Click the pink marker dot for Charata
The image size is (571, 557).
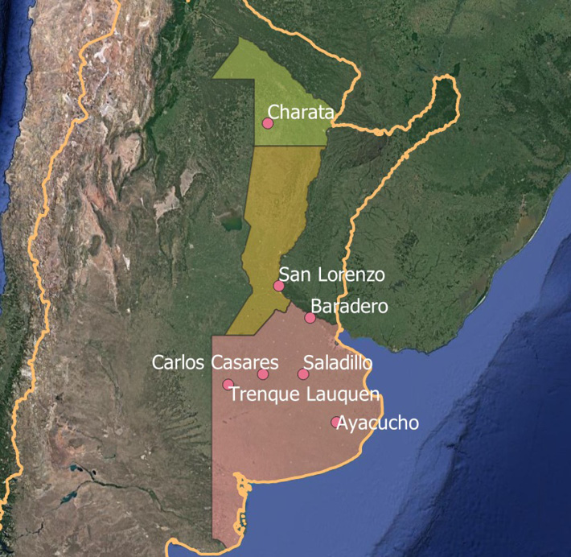[x=268, y=123]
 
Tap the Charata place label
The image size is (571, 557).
[x=300, y=113]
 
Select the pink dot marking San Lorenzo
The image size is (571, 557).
[x=278, y=286]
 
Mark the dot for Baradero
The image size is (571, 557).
[x=310, y=318]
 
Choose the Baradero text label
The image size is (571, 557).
[x=349, y=307]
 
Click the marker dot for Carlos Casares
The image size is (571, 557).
[x=263, y=374]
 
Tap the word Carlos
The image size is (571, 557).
[x=179, y=363]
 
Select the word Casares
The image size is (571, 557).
[x=244, y=363]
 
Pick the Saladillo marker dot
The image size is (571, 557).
[x=303, y=373]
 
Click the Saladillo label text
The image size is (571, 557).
[x=338, y=363]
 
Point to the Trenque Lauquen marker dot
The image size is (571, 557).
[x=228, y=384]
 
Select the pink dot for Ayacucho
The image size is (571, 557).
[x=336, y=422]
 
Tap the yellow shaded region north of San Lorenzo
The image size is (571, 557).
[x=277, y=209]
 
